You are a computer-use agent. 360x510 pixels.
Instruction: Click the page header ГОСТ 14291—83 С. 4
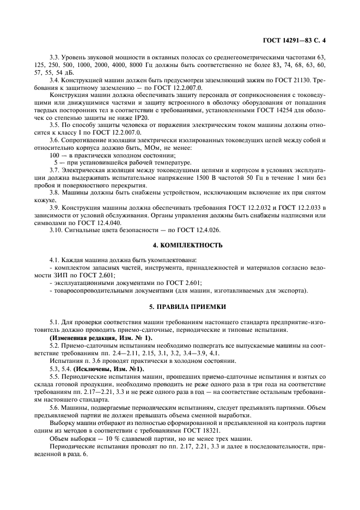306,40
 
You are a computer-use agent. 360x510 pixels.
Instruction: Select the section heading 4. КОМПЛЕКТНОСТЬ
180,245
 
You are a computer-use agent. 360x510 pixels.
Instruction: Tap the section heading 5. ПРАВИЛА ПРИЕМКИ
180,308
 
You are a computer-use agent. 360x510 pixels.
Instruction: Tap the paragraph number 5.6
54,406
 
